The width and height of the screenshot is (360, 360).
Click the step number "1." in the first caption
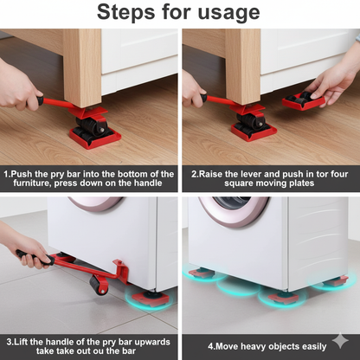pyautogui.click(x=7, y=174)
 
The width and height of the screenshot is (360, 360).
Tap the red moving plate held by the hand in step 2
pyautogui.click(x=304, y=100)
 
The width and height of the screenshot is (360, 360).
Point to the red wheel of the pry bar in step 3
pyautogui.click(x=100, y=285)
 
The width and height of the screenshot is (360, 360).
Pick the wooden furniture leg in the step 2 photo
pyautogui.click(x=243, y=65)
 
